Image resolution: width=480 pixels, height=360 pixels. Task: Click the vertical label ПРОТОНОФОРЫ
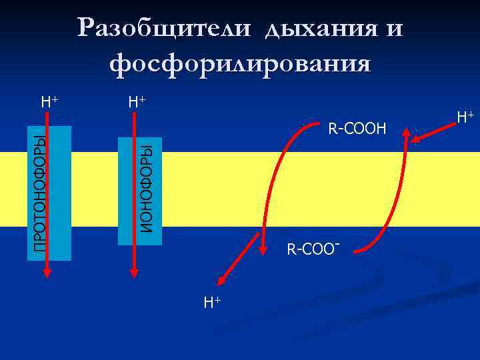coord(40,193)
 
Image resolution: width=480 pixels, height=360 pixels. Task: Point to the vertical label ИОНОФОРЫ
coord(148,184)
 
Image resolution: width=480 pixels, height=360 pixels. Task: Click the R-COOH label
coord(357,127)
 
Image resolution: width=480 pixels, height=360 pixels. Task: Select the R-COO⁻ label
coord(314,251)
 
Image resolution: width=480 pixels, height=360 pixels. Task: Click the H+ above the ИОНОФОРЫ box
coord(137,102)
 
